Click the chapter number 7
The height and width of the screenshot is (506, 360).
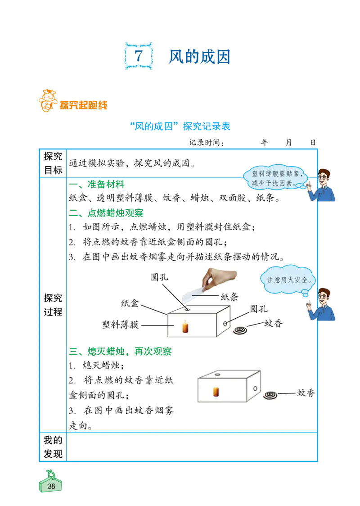(139, 56)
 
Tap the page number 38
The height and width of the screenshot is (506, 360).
(51, 486)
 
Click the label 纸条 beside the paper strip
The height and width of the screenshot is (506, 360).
(229, 297)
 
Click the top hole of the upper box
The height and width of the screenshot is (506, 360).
(187, 310)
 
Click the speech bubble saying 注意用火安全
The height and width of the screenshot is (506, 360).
(288, 280)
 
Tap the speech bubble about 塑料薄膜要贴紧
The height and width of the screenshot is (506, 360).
(275, 178)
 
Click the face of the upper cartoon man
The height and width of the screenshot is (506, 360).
(324, 177)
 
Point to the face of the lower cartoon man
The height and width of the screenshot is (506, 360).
(324, 298)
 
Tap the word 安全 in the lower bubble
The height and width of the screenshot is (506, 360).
(301, 280)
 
